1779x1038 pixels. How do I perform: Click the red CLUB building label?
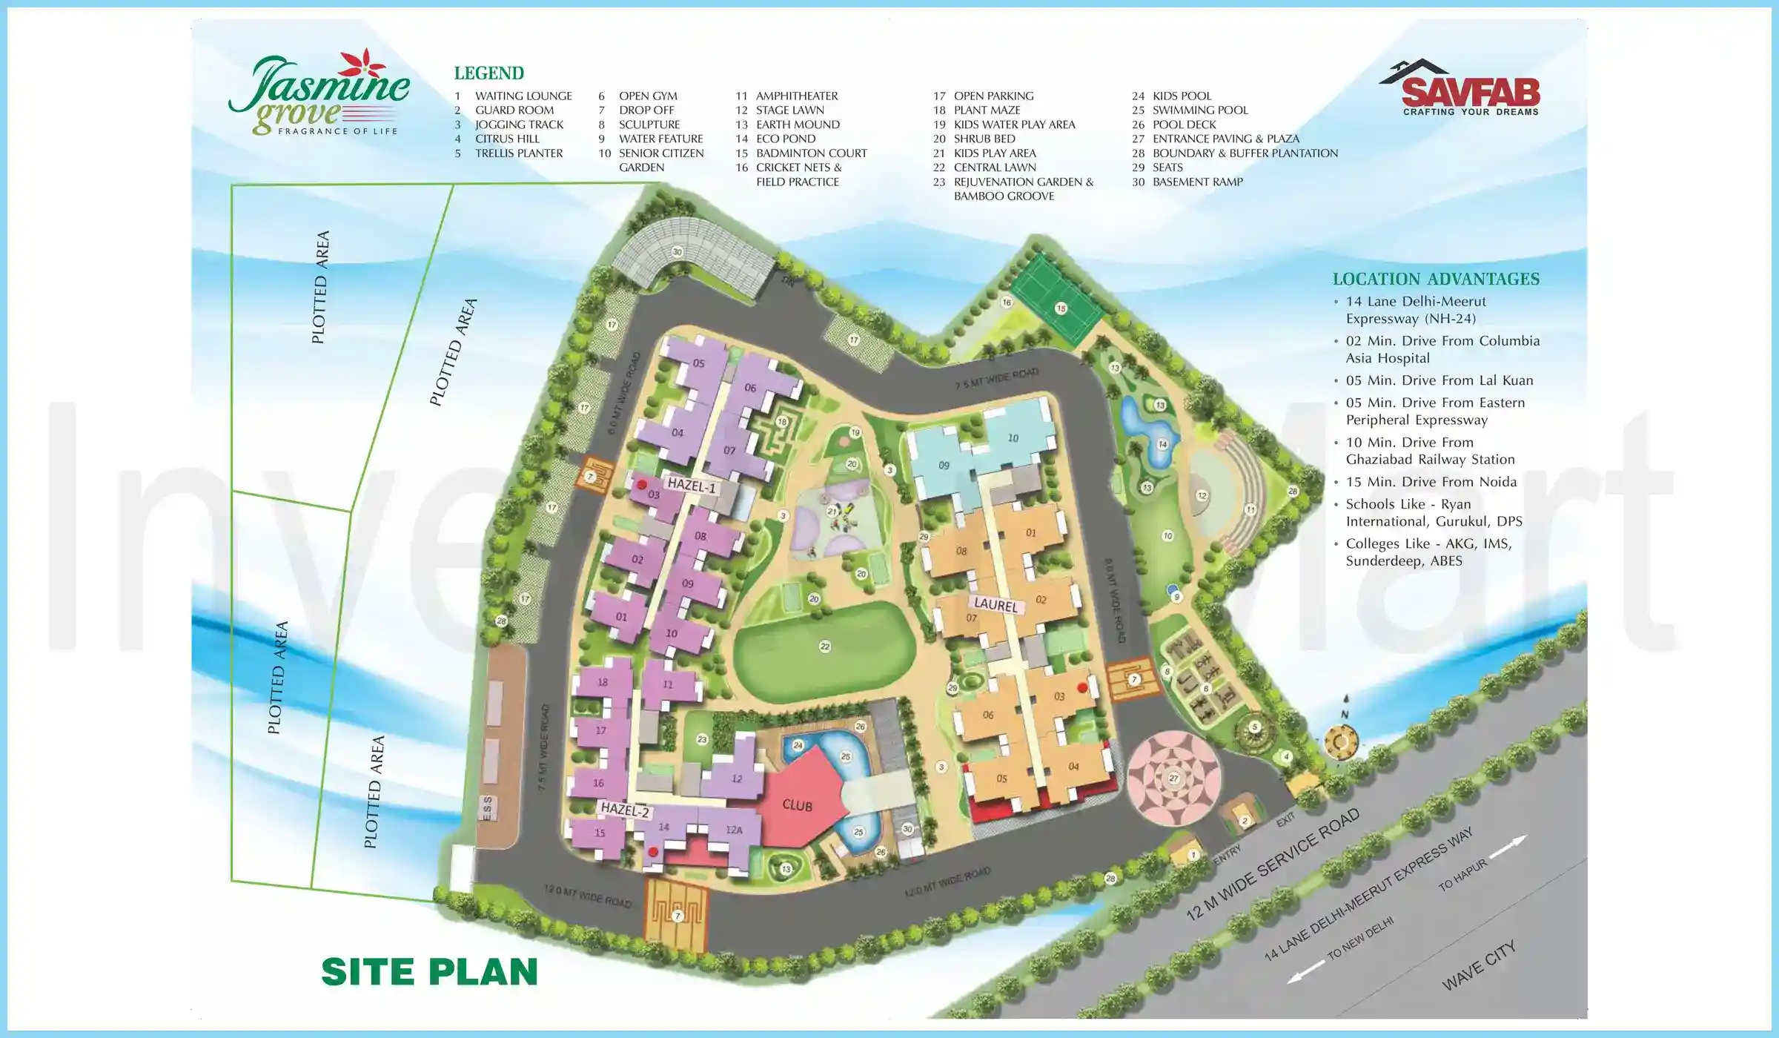tap(797, 805)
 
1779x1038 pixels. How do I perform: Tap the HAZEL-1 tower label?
tap(692, 486)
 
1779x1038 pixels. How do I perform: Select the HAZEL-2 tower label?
tap(625, 810)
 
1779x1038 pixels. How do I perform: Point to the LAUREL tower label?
tap(995, 605)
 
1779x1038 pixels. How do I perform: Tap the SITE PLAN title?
tap(429, 972)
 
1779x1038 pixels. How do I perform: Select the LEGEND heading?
tap(488, 73)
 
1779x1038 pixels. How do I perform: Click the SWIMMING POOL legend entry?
tap(1199, 110)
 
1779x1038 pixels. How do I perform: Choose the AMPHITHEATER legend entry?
tap(796, 96)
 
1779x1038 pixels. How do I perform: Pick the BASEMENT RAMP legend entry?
tap(1197, 182)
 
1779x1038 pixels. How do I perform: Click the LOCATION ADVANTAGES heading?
tap(1436, 280)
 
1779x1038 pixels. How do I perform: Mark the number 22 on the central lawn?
tap(825, 647)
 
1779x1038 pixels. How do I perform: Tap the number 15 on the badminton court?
tap(1061, 308)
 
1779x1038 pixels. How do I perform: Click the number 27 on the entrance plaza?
tap(1173, 778)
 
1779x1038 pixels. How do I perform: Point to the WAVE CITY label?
tap(1479, 965)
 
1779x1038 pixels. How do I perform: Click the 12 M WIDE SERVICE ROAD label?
tap(1273, 864)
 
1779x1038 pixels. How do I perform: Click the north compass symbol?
tap(1340, 740)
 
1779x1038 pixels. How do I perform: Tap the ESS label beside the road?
tap(487, 808)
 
